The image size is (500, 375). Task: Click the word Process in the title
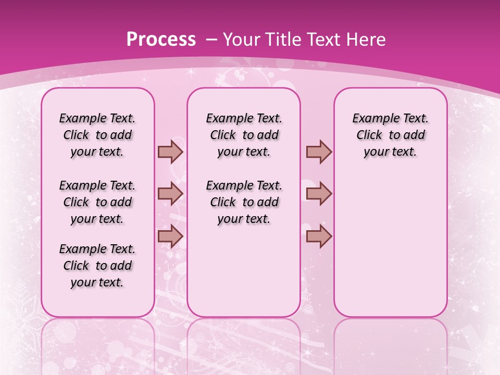coord(161,40)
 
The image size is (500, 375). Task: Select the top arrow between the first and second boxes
coord(170,152)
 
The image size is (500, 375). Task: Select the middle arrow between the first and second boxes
coord(170,194)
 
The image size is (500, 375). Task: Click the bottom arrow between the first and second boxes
coord(170,236)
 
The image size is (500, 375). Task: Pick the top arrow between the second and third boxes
coord(319,152)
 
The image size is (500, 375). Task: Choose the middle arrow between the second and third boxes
coord(319,194)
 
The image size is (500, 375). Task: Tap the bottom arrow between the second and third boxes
coord(319,236)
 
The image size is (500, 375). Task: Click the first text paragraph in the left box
coord(97,135)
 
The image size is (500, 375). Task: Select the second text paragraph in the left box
coord(97,202)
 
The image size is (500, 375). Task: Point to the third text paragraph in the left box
coord(97,266)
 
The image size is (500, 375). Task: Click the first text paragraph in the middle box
coord(244,135)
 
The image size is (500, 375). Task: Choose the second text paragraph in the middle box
coord(244,202)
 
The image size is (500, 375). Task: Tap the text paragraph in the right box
coord(391,135)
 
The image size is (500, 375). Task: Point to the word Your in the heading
coord(240,40)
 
